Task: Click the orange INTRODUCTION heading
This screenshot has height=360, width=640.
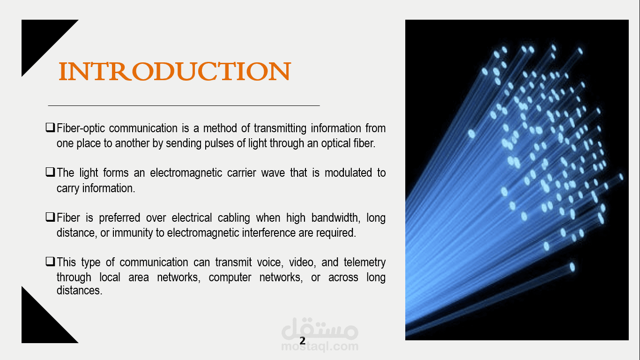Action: click(175, 71)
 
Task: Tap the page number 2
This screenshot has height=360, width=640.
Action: click(302, 341)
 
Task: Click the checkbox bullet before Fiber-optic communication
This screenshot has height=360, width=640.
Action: click(50, 127)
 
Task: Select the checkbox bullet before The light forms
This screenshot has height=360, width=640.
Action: click(50, 172)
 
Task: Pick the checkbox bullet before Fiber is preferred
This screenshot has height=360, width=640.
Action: click(50, 217)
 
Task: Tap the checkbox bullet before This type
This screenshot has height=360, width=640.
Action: click(50, 262)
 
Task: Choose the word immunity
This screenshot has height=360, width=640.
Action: click(132, 233)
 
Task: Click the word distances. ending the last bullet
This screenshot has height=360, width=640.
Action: click(80, 291)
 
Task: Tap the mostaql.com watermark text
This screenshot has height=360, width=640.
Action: click(320, 346)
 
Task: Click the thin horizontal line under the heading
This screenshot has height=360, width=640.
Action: click(184, 105)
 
